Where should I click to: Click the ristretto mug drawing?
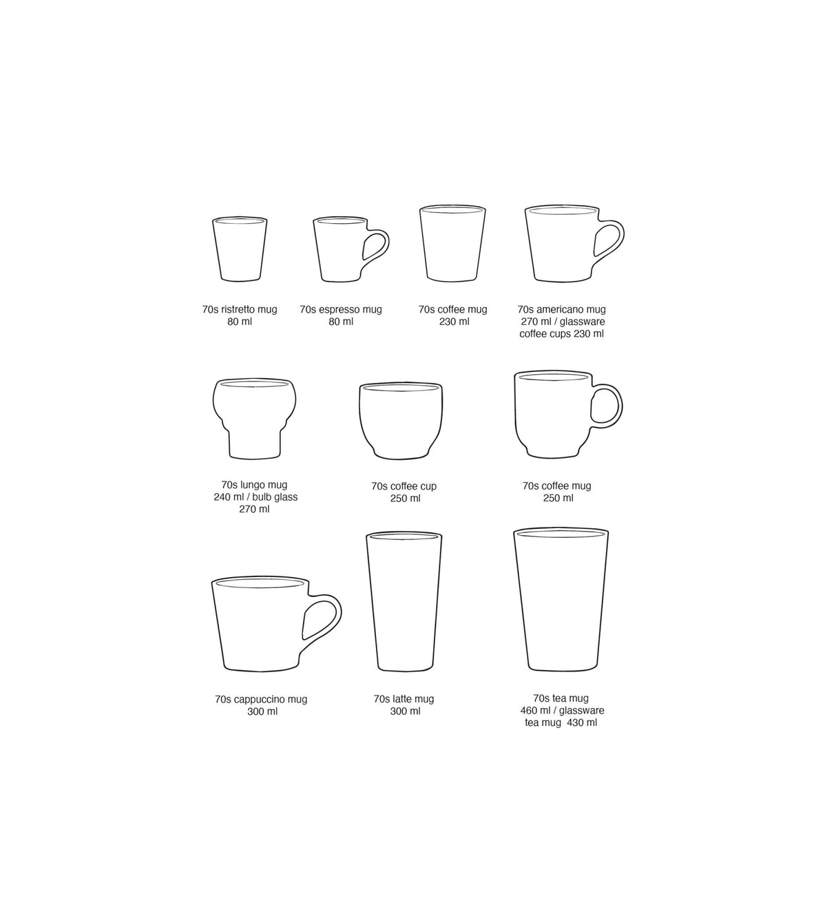coord(240,249)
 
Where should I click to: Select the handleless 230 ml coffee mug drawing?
coord(452,243)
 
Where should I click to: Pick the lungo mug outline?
coord(254,418)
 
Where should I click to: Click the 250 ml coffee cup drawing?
coord(401,421)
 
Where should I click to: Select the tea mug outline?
coord(561,600)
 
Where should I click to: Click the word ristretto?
coord(237,309)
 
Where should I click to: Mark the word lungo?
coord(251,485)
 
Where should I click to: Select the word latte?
coord(404,699)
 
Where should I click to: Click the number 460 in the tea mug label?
coord(529,711)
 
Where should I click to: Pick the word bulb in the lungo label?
coord(262,497)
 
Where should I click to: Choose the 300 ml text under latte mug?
coord(405,711)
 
